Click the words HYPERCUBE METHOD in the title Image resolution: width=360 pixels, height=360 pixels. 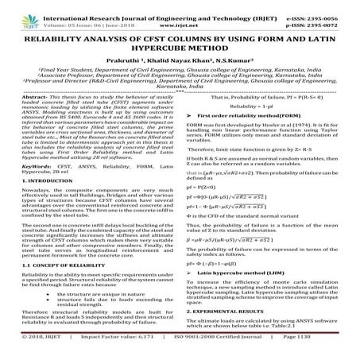(180, 48)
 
